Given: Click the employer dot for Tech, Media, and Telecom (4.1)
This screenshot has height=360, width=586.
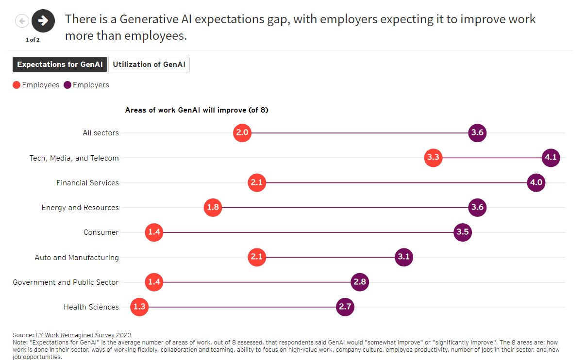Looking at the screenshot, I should (551, 158).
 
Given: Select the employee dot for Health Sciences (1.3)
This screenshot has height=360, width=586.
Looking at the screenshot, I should (139, 307).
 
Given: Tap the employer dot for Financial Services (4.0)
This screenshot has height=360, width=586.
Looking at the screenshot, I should (536, 183).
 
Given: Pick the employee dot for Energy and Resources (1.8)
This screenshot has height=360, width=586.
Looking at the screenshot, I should (213, 208).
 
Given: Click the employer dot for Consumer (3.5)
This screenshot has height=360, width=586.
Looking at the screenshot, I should (463, 232).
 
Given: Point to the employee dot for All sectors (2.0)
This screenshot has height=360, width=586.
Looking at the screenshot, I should (242, 133).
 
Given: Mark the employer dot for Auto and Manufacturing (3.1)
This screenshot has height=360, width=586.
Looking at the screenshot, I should (404, 257).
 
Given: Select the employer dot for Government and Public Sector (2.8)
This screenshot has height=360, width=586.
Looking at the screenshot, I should (360, 282).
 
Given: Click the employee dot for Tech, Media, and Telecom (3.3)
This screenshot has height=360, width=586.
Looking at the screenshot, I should (433, 158).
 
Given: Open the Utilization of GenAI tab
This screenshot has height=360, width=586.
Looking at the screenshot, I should (149, 65).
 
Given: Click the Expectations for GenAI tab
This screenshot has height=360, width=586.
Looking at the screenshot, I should (60, 65).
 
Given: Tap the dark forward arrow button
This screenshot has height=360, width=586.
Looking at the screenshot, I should (43, 20).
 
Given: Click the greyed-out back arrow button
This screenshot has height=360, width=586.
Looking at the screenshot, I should (22, 21).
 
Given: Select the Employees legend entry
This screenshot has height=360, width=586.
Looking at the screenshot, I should (36, 85).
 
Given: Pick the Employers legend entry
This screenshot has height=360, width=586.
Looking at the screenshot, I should (86, 85).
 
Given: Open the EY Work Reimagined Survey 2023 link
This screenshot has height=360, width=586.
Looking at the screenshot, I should (83, 335).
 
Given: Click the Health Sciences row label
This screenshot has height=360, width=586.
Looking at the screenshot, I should (91, 307).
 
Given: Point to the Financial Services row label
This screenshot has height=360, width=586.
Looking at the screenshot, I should (87, 183).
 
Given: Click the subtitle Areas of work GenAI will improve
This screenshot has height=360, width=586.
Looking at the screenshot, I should (197, 110).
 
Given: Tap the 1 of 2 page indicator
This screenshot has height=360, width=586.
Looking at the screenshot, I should (33, 40).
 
